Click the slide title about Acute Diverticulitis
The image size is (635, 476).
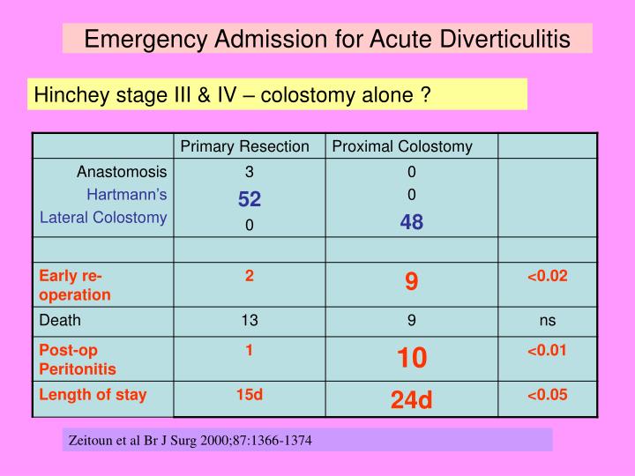pos(327,39)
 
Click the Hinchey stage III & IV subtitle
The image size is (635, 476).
pos(231,94)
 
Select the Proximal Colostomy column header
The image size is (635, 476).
pos(402,146)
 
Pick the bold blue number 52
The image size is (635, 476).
pos(250,200)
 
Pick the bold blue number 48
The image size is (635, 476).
pos(412,223)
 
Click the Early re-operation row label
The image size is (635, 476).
pos(75,285)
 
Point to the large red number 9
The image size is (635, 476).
pos(412,281)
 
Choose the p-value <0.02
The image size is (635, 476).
pos(548,276)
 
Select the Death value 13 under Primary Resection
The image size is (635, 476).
pos(250,321)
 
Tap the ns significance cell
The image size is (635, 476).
pos(548,321)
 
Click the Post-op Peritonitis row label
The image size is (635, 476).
pos(78,360)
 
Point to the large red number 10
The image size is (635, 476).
pos(412,357)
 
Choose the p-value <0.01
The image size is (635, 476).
pos(548,350)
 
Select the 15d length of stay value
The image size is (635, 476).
pos(250,395)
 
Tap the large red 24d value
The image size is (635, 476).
pos(412,400)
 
